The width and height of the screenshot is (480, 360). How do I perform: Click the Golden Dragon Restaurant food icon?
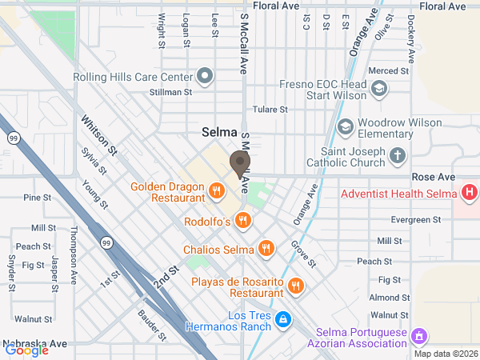coord(216,190)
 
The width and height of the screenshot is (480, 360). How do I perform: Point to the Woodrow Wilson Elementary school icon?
coord(345,126)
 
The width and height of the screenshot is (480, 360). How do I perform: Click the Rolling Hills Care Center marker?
coord(206,77)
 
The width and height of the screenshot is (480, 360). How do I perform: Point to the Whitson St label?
coord(98,134)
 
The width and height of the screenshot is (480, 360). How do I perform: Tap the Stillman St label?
coord(171,92)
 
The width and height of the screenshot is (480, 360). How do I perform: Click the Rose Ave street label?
coord(432,176)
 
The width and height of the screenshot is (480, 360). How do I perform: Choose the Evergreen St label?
coord(417,219)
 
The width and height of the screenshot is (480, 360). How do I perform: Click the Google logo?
coord(26,350)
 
